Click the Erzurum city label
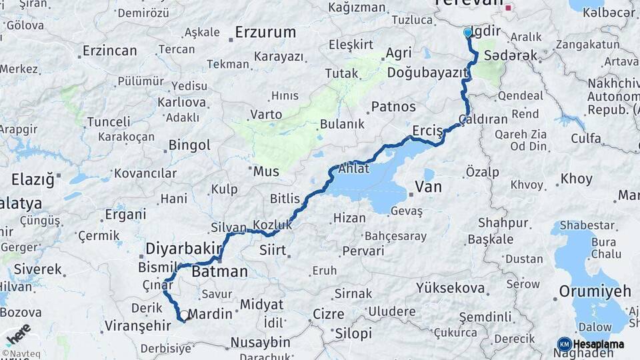(265, 32)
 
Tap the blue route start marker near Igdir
(467, 33)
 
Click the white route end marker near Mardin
(183, 315)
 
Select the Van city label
(428, 187)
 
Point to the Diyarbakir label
(183, 249)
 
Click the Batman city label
(219, 272)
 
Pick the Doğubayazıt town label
(427, 72)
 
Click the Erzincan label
(110, 51)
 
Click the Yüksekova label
(450, 288)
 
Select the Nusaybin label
(260, 342)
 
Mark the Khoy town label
(576, 179)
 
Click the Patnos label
(393, 107)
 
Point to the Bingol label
(189, 145)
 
